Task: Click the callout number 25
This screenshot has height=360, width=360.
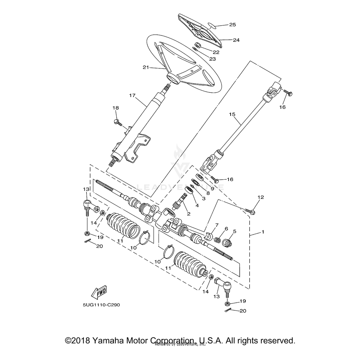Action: tap(233, 25)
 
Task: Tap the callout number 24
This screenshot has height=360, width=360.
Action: tap(236, 40)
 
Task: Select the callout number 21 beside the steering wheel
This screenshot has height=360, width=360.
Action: tap(146, 67)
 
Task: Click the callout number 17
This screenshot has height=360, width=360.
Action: tap(132, 96)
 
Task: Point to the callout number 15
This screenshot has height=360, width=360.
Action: tap(232, 115)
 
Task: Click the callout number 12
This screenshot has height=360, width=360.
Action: tap(261, 197)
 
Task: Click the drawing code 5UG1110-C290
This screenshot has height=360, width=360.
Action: tap(97, 304)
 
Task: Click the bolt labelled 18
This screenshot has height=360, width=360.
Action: tap(118, 122)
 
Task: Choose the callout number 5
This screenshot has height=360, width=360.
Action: tap(235, 232)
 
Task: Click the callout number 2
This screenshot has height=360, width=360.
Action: tap(189, 214)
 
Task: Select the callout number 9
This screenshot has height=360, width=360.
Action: tap(213, 188)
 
